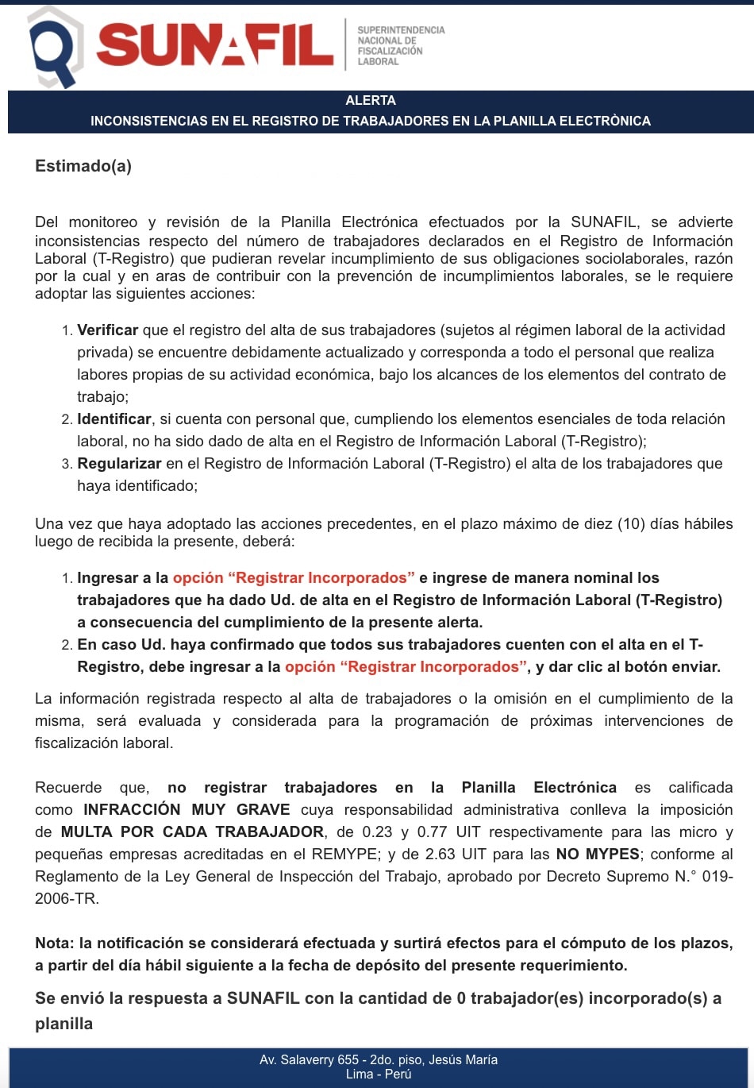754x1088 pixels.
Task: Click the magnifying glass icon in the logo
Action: pos(54,48)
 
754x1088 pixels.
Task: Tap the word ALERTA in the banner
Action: pos(371,101)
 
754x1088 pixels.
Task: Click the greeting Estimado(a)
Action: pos(83,166)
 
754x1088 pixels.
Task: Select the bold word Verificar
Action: pos(107,330)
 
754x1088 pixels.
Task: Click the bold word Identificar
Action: pos(114,419)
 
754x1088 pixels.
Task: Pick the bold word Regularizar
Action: pos(119,464)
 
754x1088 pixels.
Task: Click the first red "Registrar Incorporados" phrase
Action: pos(294,578)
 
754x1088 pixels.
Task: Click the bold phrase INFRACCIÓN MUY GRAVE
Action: pos(187,810)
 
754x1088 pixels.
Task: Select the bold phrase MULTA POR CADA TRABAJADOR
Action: pos(192,832)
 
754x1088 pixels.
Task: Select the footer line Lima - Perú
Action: pos(379,1074)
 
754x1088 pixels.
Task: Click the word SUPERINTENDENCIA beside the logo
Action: pos(401,30)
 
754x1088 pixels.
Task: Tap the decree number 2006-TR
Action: pos(67,899)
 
